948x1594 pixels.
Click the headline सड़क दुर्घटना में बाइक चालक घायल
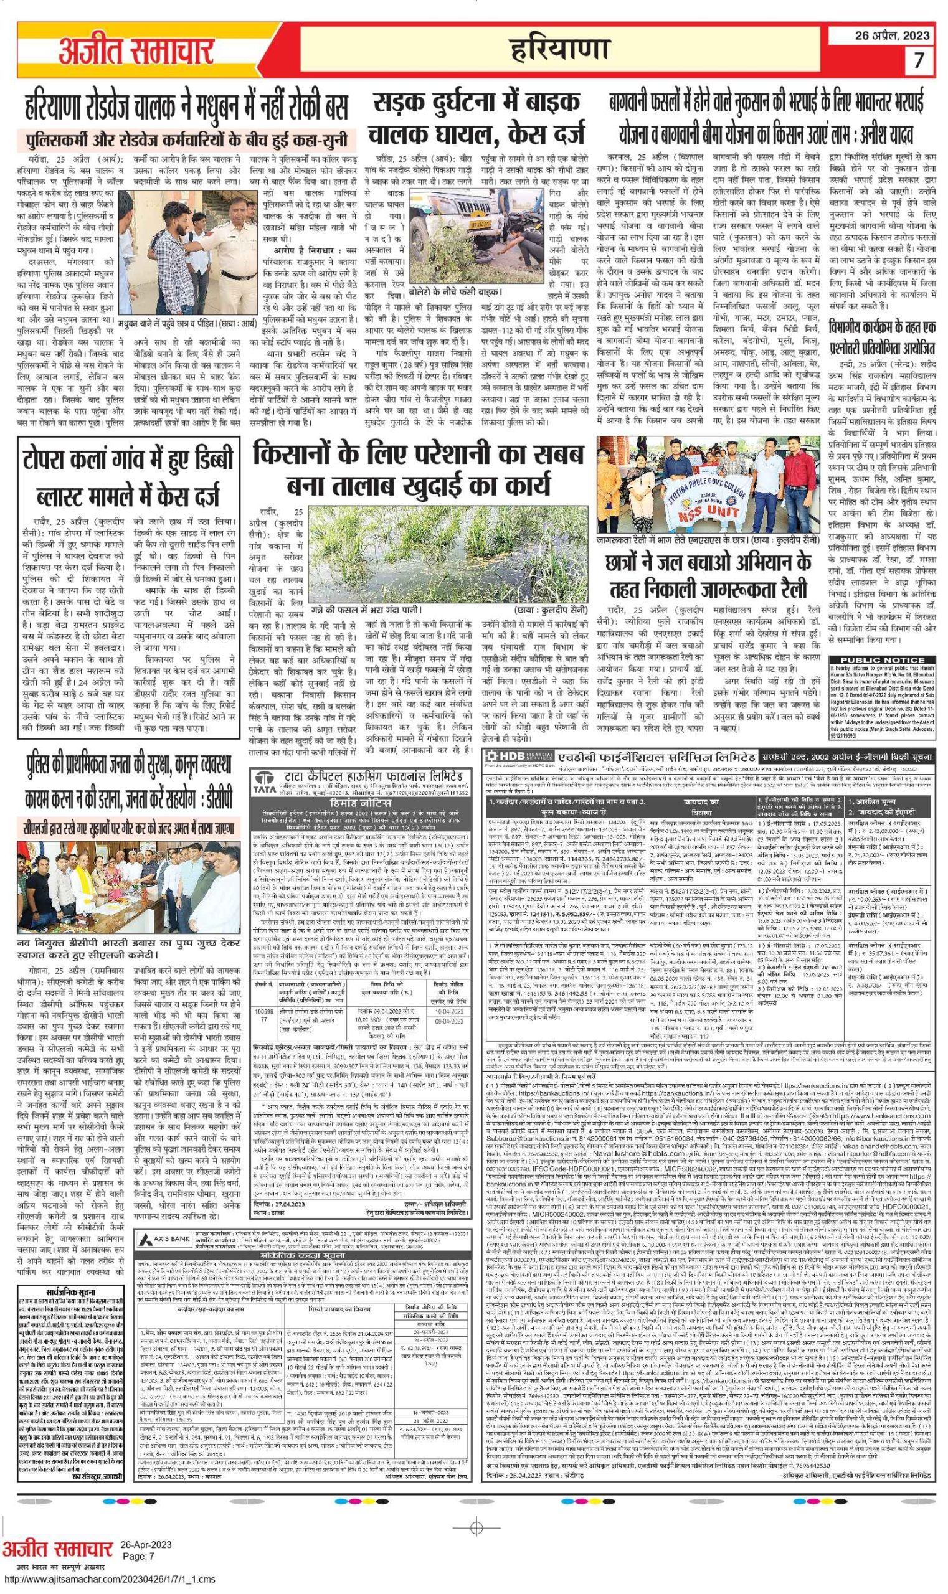coord(476,118)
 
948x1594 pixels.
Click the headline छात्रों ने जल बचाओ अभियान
coord(708,575)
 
